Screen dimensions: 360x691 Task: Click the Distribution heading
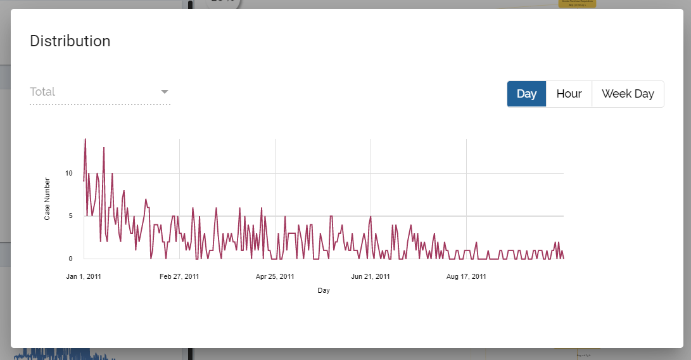(70, 41)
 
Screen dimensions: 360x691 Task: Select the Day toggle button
(526, 94)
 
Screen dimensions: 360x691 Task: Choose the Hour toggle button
(569, 94)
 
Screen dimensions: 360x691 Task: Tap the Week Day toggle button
(627, 94)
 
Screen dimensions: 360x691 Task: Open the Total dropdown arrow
(165, 92)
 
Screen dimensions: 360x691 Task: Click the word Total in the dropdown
(42, 92)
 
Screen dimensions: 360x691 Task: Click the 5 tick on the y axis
(70, 215)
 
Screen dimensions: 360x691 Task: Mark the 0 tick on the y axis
(70, 259)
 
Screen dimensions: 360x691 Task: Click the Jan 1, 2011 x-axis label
(84, 276)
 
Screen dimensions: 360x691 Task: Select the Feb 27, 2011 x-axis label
(179, 276)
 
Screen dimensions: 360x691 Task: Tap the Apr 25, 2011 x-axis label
(275, 276)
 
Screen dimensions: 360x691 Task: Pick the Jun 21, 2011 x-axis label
(371, 276)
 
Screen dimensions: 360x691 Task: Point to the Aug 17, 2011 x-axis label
(466, 276)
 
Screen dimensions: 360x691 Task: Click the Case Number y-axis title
(48, 199)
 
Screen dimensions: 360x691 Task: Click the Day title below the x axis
(324, 291)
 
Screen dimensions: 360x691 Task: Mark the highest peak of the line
(86, 139)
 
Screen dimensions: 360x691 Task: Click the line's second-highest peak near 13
(104, 148)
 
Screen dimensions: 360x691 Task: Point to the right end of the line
(564, 258)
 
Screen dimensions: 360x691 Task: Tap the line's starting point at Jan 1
(84, 181)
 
